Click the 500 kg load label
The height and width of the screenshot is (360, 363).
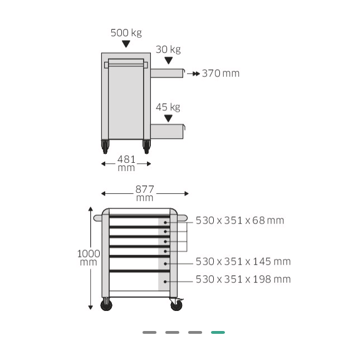[x=126, y=33]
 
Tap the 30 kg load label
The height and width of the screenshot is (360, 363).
[x=168, y=50]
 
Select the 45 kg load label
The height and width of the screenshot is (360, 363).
[x=168, y=107]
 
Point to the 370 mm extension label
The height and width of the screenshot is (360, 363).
[x=220, y=74]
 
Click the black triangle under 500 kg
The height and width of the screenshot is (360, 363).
[x=126, y=44]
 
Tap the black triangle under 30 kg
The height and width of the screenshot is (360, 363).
[x=169, y=61]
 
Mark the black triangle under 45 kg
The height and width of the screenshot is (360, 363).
[x=168, y=118]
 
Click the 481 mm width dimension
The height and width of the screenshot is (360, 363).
[x=126, y=163]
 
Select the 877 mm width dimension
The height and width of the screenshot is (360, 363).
[x=145, y=193]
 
